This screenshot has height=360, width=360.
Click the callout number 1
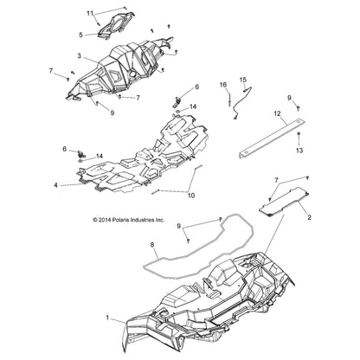click(x=107, y=318)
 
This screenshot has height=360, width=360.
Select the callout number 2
click(x=309, y=217)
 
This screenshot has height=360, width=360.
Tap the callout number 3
click(x=79, y=56)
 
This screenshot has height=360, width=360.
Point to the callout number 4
click(x=55, y=185)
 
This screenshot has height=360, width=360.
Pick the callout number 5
click(x=80, y=35)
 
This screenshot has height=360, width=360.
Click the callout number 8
click(x=152, y=245)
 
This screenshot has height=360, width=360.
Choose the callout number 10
click(x=191, y=196)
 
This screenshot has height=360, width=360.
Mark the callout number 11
click(x=90, y=13)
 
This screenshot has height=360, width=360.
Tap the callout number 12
click(x=277, y=113)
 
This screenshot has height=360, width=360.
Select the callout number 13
click(x=299, y=151)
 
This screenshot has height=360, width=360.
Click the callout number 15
click(x=243, y=80)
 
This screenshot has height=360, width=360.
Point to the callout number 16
click(x=223, y=85)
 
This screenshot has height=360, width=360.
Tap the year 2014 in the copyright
click(x=104, y=220)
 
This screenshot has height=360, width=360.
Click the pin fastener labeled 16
click(x=229, y=99)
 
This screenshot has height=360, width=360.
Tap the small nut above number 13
click(x=299, y=134)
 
